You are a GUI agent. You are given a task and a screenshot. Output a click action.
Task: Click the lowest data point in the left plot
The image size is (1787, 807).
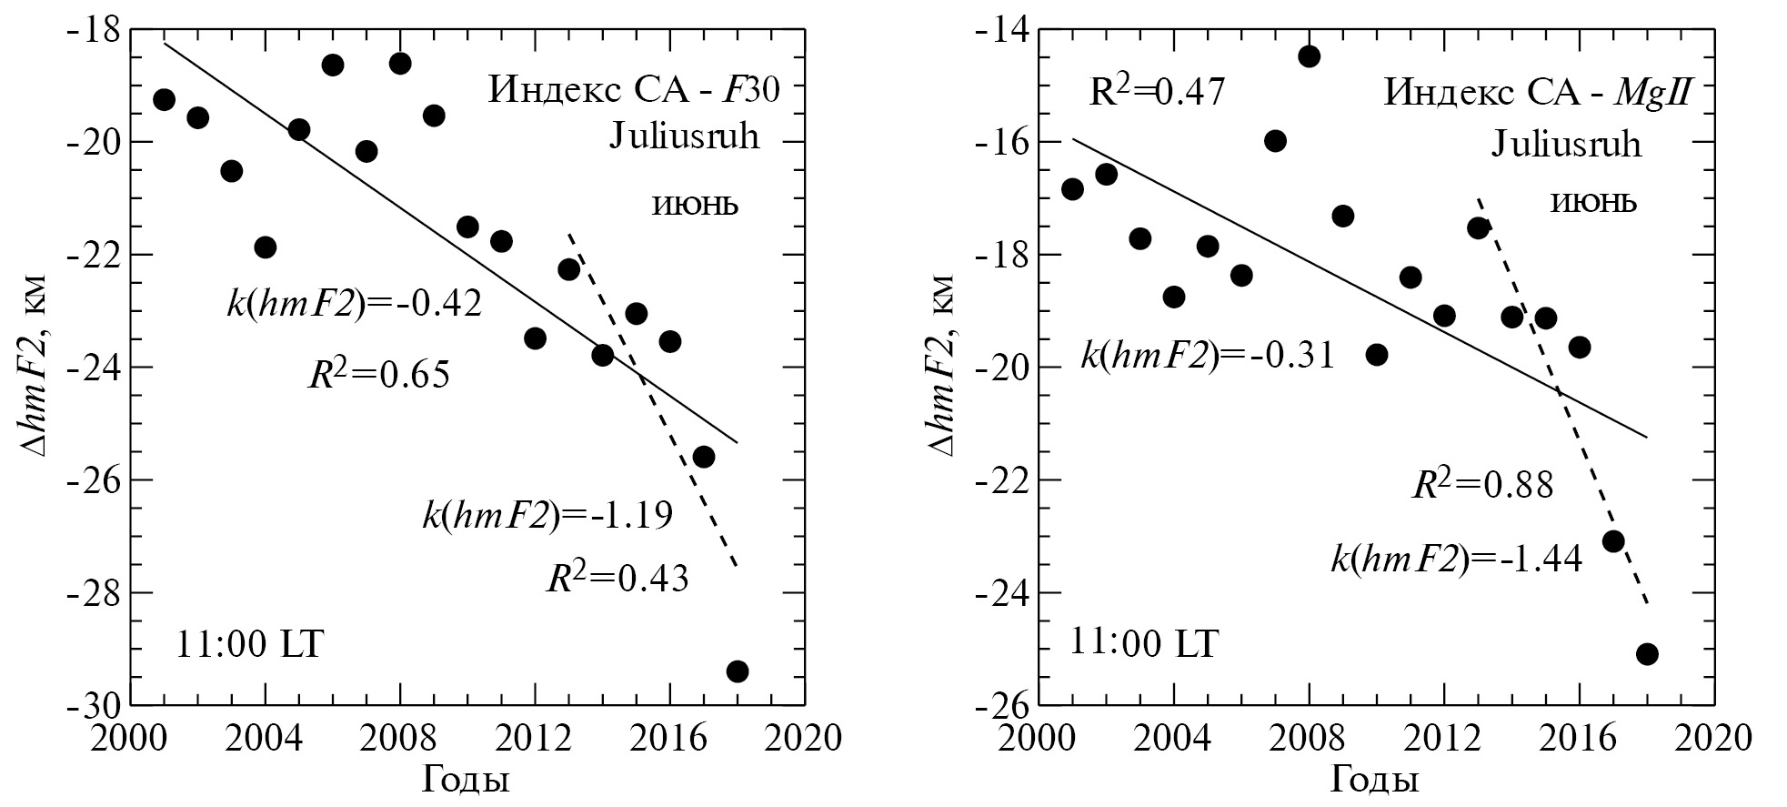tap(738, 671)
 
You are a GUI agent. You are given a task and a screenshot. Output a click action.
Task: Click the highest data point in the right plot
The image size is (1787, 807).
tap(1310, 56)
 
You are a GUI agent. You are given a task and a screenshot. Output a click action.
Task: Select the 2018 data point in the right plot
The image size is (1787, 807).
tap(1647, 654)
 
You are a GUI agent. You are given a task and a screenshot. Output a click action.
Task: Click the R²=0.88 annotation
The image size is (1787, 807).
tap(1482, 484)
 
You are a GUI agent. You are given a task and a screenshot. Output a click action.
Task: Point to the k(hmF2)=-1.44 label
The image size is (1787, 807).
tap(1457, 558)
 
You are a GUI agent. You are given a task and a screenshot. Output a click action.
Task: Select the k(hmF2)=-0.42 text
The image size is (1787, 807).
tap(355, 304)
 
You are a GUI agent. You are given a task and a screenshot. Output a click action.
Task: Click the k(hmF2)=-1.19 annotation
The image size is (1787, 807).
tap(547, 516)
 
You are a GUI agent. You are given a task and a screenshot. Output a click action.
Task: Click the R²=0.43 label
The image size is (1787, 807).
tap(617, 577)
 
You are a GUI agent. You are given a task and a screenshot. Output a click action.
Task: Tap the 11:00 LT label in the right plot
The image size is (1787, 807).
tap(1143, 644)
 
